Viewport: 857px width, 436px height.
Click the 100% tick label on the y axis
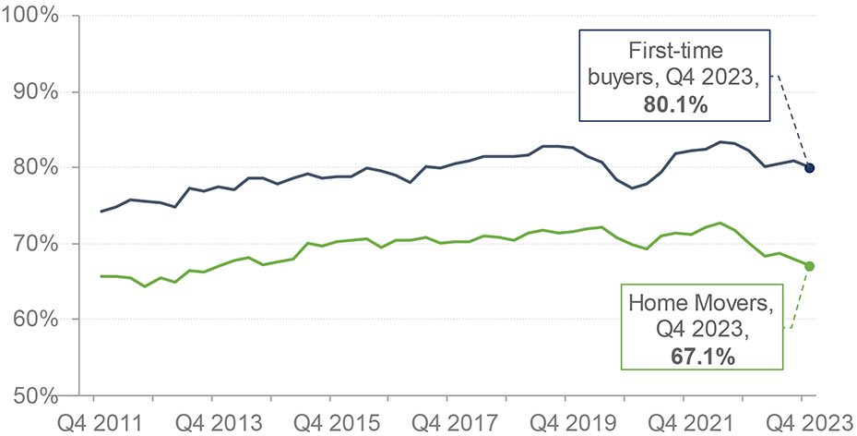tap(32, 17)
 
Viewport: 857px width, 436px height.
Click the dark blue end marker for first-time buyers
tap(810, 168)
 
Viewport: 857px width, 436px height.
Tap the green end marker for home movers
tap(809, 266)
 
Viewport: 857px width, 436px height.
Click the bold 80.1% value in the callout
tap(676, 105)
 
